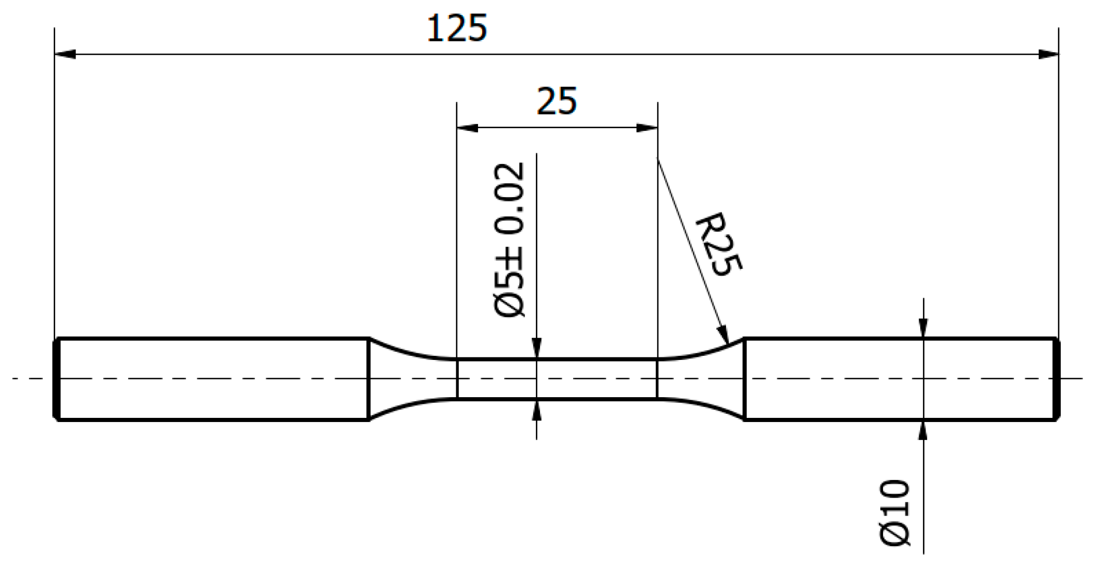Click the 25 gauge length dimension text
[557, 101]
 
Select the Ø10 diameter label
[894, 512]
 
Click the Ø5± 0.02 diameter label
[510, 239]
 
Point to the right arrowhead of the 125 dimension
[1047, 54]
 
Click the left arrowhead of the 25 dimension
[467, 128]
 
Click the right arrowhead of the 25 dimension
[647, 128]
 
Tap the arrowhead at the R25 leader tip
[723, 334]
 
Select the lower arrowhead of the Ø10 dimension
[923, 431]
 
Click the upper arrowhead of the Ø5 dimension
[536, 348]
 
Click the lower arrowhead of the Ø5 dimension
[536, 410]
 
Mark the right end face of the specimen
[1057, 379]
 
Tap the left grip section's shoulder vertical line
[368, 379]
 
